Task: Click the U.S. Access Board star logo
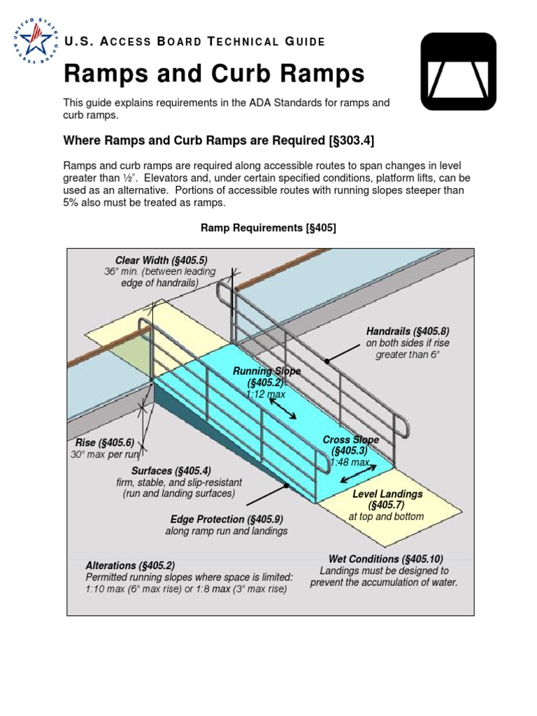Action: coord(32,40)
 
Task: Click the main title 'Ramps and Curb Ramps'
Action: coord(214,73)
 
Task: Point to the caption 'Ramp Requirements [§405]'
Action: coord(268,228)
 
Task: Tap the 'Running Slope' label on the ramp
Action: coord(266,371)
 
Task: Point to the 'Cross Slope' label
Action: coord(350,440)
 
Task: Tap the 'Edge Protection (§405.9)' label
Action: coord(226,519)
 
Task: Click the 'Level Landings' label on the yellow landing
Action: coord(387,494)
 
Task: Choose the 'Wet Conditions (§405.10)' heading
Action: coord(385,559)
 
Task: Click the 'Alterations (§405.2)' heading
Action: coord(130,566)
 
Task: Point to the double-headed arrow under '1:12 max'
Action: coord(282,410)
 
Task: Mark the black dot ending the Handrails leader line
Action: coord(326,361)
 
